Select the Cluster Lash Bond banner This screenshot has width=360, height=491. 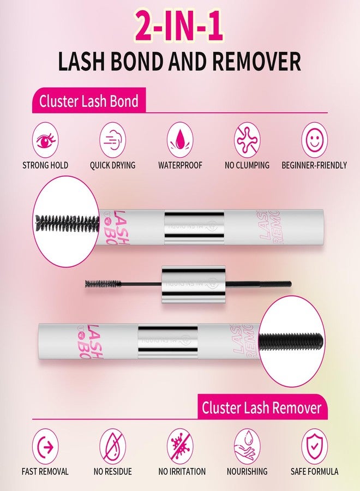pos(88,101)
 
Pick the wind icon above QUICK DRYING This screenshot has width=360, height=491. pos(113,140)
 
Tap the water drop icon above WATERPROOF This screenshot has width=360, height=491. pos(180,140)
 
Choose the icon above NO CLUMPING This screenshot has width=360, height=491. pos(247,140)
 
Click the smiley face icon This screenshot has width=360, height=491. pos(314,140)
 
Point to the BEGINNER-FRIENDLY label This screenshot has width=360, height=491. pos(314,165)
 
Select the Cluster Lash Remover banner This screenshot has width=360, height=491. pos(261,408)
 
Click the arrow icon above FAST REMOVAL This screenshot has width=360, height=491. pos(45,447)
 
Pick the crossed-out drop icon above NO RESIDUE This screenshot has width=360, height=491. pos(113,447)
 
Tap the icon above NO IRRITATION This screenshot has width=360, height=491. pos(180,447)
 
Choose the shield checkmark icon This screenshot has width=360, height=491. pos(314,447)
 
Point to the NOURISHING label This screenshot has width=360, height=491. pos(247,471)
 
